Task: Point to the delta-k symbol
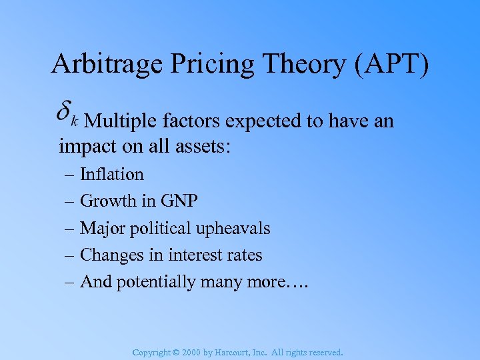tap(67, 114)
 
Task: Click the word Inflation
tap(112, 175)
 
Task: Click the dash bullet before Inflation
tap(70, 175)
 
